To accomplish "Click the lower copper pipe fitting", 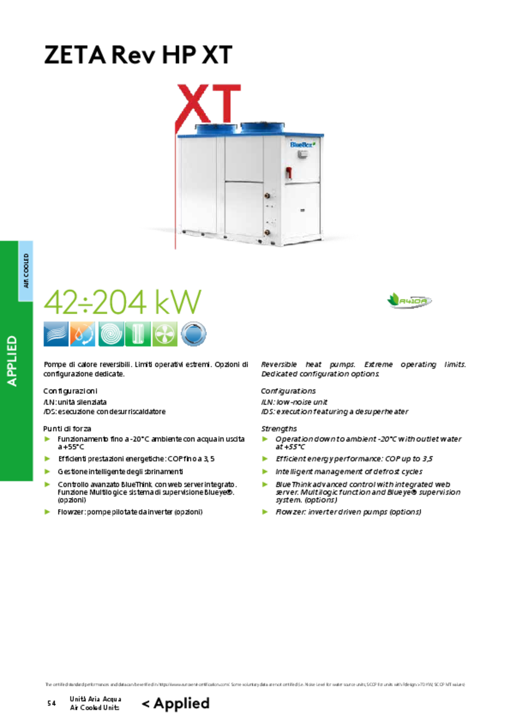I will tap(267, 232).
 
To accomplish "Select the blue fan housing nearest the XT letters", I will tap(216, 129).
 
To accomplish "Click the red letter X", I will tap(194, 104).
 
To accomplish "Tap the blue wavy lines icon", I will tap(55, 334).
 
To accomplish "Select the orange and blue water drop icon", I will tap(83, 334).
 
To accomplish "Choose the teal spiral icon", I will tap(111, 334).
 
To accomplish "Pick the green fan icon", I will tap(165, 334).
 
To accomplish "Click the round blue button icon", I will tap(193, 334).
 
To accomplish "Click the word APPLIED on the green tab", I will tap(12, 361).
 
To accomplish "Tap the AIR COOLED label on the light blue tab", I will tap(26, 271).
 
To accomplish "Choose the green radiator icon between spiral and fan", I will tap(138, 334).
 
